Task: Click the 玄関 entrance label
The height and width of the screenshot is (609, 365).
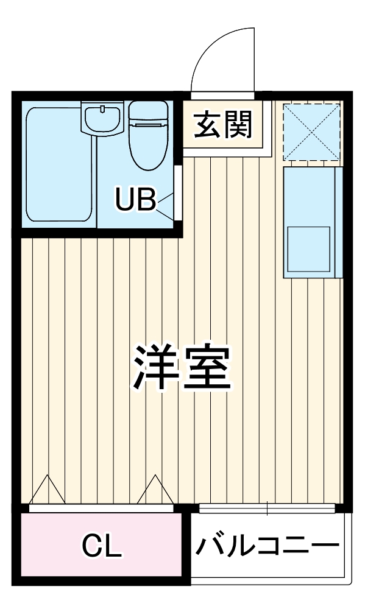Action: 223,126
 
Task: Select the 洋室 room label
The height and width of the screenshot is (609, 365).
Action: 183,369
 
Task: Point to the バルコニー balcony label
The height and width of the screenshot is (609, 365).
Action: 267,544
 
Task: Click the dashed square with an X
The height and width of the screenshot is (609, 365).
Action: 312,131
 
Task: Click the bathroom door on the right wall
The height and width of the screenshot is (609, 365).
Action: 177,192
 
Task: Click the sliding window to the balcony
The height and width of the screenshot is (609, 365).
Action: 266,507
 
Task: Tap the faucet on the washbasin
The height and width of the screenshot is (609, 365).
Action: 102,110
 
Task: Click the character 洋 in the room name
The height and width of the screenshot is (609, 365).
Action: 157,369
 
